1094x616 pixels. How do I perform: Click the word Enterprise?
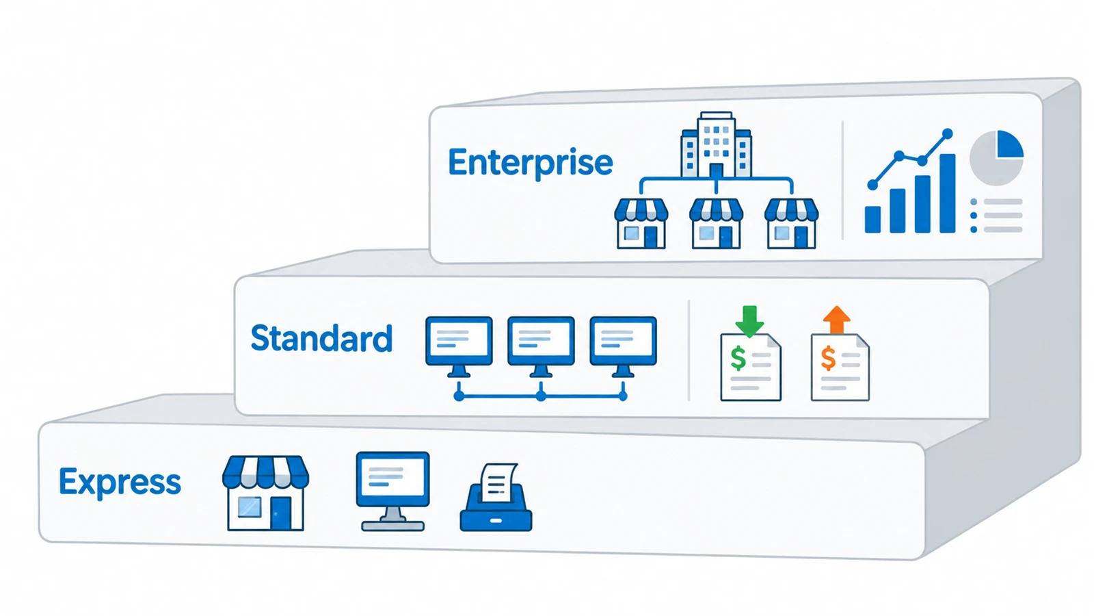click(531, 163)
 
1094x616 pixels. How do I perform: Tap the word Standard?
click(321, 338)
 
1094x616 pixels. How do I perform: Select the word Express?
click(120, 483)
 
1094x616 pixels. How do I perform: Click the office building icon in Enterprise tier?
click(716, 144)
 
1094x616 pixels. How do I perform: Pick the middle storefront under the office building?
click(716, 223)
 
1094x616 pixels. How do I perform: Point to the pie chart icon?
click(996, 157)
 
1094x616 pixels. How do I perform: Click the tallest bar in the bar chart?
click(948, 193)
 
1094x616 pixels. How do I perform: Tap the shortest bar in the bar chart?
click(872, 219)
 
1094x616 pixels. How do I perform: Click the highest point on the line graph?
click(948, 133)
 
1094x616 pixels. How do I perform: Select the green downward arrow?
click(749, 321)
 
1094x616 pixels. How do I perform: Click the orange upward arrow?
click(837, 320)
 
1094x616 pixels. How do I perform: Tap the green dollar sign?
click(738, 359)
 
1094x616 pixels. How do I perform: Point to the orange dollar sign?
click(828, 359)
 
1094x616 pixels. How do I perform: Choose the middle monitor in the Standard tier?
click(541, 346)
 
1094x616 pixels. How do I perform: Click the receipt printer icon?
click(496, 497)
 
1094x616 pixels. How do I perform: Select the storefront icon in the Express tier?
click(265, 493)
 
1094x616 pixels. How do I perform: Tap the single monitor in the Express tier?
click(392, 491)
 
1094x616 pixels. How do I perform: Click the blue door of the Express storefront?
click(281, 513)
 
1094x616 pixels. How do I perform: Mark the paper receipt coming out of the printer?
click(498, 483)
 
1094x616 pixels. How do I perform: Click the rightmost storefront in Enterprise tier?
click(791, 223)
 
